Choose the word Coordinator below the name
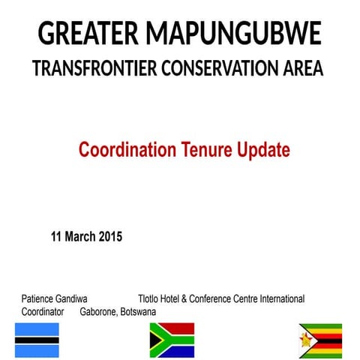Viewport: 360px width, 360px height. (x=43, y=310)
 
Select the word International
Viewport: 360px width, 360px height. (x=281, y=298)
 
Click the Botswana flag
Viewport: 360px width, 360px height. (x=36, y=340)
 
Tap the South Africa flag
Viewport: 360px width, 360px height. (x=172, y=340)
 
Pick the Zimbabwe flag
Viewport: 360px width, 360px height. (x=320, y=340)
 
